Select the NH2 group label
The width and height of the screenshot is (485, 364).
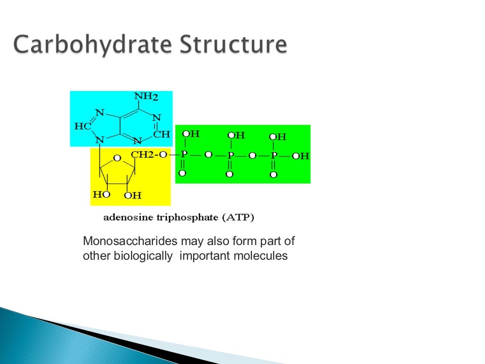click(146, 97)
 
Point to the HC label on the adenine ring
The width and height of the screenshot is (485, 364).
click(83, 127)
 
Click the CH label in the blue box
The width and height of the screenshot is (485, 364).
click(162, 134)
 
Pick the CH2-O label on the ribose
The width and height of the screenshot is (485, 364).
click(149, 155)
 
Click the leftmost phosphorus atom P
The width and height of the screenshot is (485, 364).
click(184, 155)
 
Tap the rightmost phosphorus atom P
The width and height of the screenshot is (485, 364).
click(274, 155)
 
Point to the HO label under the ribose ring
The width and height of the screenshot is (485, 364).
click(101, 194)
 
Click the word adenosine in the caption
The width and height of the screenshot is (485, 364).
click(125, 218)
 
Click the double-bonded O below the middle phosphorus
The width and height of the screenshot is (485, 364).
click(230, 174)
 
